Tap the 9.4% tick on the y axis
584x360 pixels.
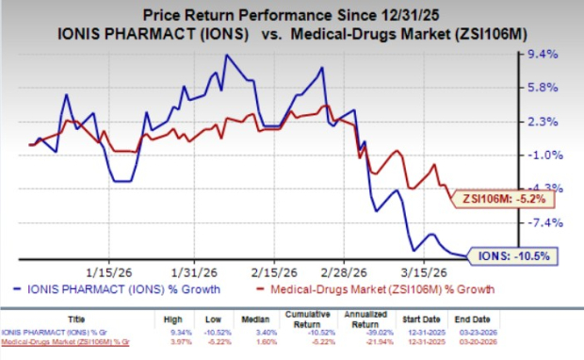pyautogui.click(x=544, y=55)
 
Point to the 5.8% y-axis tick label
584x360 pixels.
pyautogui.click(x=544, y=88)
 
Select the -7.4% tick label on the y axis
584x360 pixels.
pyautogui.click(x=544, y=222)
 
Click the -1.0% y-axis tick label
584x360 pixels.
pyautogui.click(x=544, y=155)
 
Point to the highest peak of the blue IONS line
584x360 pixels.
pyautogui.click(x=226, y=56)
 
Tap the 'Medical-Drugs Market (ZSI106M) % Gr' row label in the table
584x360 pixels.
pyautogui.click(x=68, y=344)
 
